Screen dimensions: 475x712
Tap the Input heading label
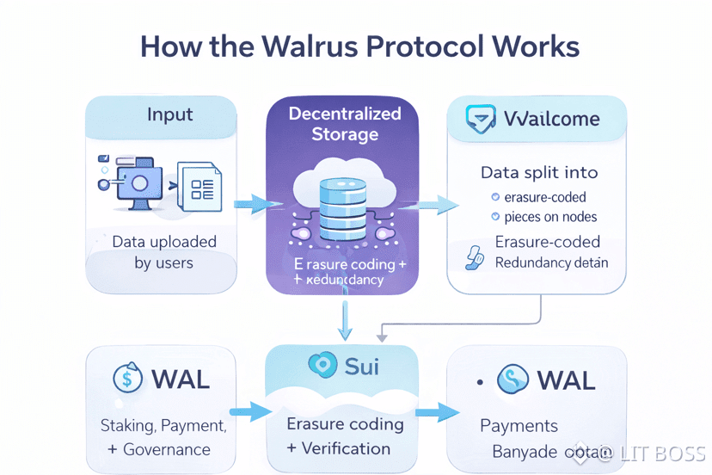[170, 114]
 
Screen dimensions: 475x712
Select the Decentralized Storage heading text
[345, 124]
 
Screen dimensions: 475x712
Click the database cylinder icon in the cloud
[343, 209]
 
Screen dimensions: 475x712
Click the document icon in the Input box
[199, 184]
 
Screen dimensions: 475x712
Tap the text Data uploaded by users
[164, 252]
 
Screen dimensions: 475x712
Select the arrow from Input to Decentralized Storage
[256, 204]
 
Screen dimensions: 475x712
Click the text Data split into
[538, 173]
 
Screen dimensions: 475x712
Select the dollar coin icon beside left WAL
[127, 379]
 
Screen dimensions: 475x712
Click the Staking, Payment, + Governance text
[163, 437]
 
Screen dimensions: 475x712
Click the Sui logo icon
[321, 365]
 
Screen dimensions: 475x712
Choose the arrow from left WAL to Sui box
[247, 411]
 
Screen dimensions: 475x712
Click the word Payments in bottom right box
[519, 426]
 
